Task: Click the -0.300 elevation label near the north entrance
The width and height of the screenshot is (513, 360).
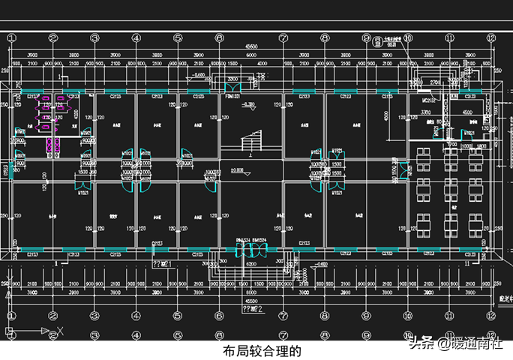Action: tap(248, 104)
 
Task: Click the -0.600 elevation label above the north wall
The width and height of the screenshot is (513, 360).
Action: tap(199, 76)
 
